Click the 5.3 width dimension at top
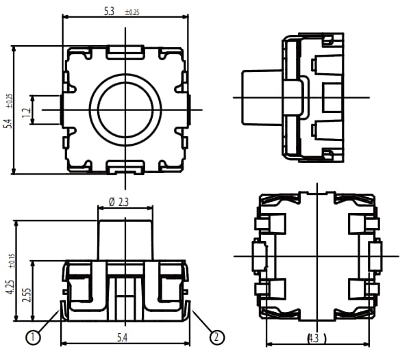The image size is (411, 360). pyautogui.click(x=108, y=12)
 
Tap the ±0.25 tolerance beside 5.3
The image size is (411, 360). pyautogui.click(x=132, y=13)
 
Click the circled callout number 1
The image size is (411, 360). pyautogui.click(x=32, y=336)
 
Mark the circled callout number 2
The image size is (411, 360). pyautogui.click(x=216, y=336)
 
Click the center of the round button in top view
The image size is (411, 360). pyautogui.click(x=125, y=110)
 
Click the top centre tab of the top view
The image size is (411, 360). pyautogui.click(x=125, y=50)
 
